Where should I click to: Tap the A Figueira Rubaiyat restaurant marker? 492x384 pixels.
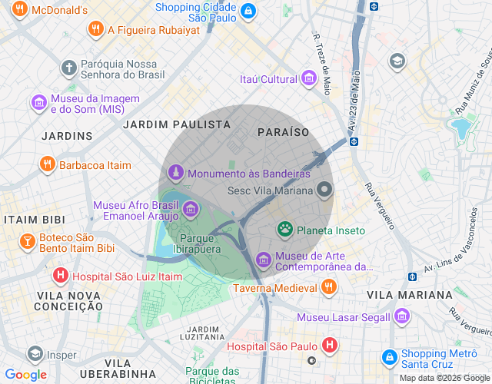tap(96, 30)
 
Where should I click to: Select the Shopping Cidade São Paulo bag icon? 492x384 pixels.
tap(248, 12)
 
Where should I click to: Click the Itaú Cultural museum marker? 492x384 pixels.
tap(309, 78)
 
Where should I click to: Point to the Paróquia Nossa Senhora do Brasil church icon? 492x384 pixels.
tap(68, 68)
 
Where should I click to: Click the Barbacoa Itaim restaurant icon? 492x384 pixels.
tap(47, 164)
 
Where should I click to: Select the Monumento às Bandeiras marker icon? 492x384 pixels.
tap(176, 174)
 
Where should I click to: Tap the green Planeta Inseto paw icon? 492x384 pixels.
tap(285, 229)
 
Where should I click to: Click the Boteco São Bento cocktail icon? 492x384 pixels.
tap(27, 243)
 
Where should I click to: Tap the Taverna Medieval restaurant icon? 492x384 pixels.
tap(328, 287)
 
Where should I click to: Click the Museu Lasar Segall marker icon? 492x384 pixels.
tap(401, 316)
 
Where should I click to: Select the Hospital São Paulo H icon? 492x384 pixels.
tap(329, 346)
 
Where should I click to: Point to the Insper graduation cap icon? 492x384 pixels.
tap(35, 354)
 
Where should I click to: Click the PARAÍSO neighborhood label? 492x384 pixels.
tap(284, 132)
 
